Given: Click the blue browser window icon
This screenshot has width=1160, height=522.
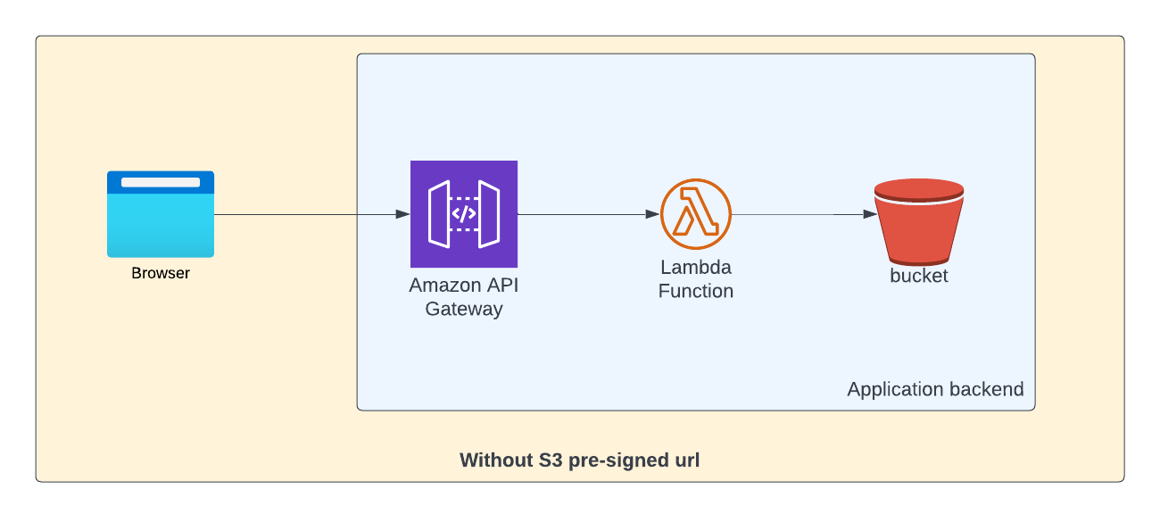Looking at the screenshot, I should tap(161, 214).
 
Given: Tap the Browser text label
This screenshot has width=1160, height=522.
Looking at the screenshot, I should tap(161, 273).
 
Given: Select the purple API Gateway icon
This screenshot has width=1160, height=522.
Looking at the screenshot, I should tap(464, 214).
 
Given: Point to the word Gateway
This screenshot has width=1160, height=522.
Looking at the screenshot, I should tap(464, 310).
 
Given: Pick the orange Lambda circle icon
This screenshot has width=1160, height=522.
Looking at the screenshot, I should tap(696, 214).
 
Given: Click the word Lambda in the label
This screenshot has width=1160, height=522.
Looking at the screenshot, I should tap(696, 268).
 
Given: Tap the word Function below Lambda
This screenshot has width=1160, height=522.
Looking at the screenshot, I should tap(696, 291).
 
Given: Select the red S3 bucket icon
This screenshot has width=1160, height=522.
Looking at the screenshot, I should tap(919, 223).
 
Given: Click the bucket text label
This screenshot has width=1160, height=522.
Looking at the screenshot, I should tap(919, 276).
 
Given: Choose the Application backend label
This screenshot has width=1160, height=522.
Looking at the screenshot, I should tap(935, 390).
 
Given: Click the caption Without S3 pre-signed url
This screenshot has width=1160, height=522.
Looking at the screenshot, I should tap(580, 460).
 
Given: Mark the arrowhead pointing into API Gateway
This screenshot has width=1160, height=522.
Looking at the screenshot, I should tap(402, 214).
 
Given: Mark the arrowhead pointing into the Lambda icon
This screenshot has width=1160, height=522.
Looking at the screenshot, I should tap(652, 214).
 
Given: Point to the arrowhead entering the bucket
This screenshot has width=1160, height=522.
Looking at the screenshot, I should tap(868, 214).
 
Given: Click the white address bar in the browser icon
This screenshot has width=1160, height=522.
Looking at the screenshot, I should tap(161, 182).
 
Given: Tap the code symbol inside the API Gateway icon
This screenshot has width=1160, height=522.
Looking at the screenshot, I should tap(464, 214).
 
